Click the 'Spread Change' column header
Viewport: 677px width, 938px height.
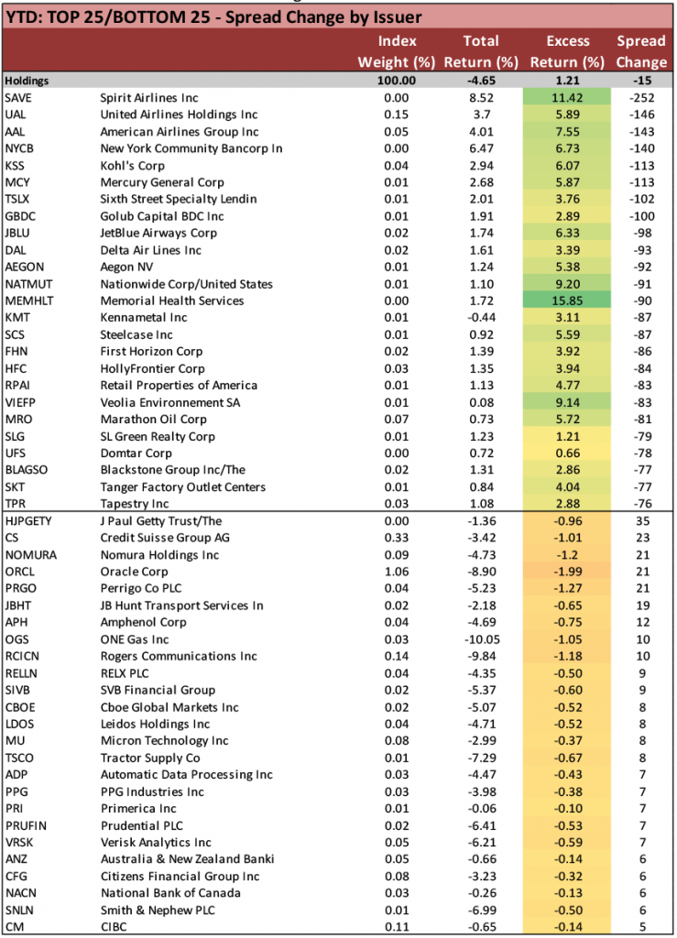coord(641,52)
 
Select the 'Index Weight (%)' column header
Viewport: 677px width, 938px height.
coord(397,52)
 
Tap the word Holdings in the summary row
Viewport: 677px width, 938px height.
coord(27,81)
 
